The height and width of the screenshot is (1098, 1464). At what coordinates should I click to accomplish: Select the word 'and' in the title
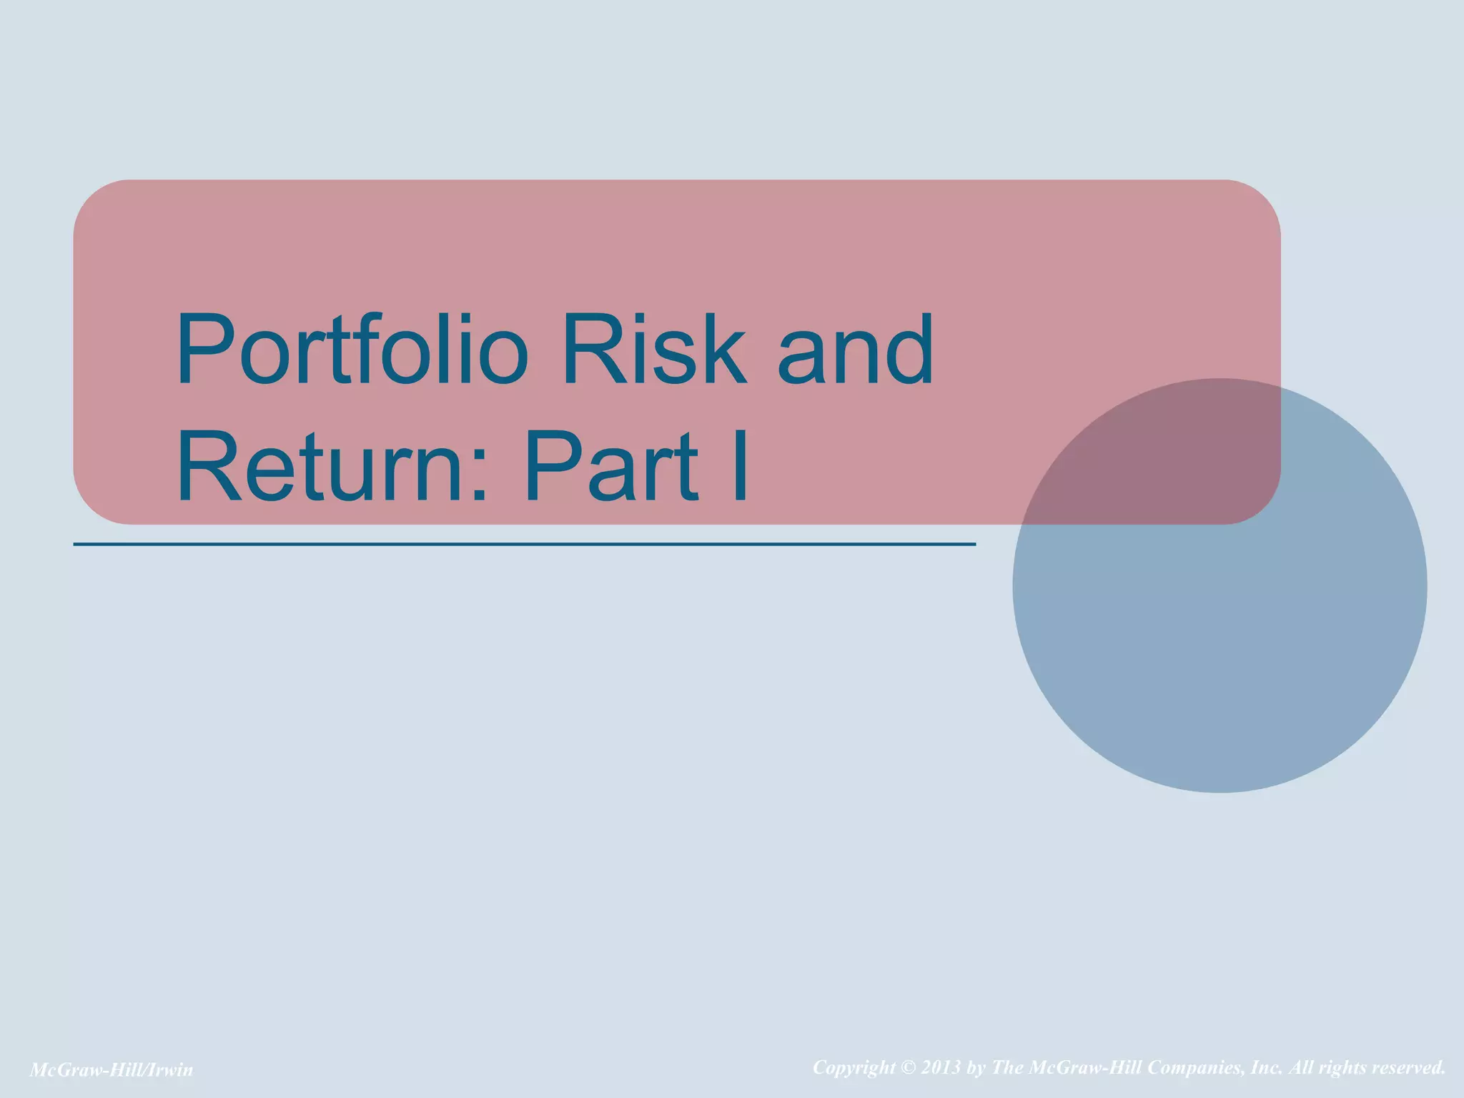(x=855, y=350)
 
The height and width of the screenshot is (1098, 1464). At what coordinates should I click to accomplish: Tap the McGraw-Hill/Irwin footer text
(x=112, y=1069)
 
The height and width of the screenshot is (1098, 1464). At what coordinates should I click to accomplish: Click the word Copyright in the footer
(x=854, y=1068)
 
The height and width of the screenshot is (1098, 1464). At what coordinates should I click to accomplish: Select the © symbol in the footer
(x=908, y=1068)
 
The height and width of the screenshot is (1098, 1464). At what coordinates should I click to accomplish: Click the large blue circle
(x=1220, y=643)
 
